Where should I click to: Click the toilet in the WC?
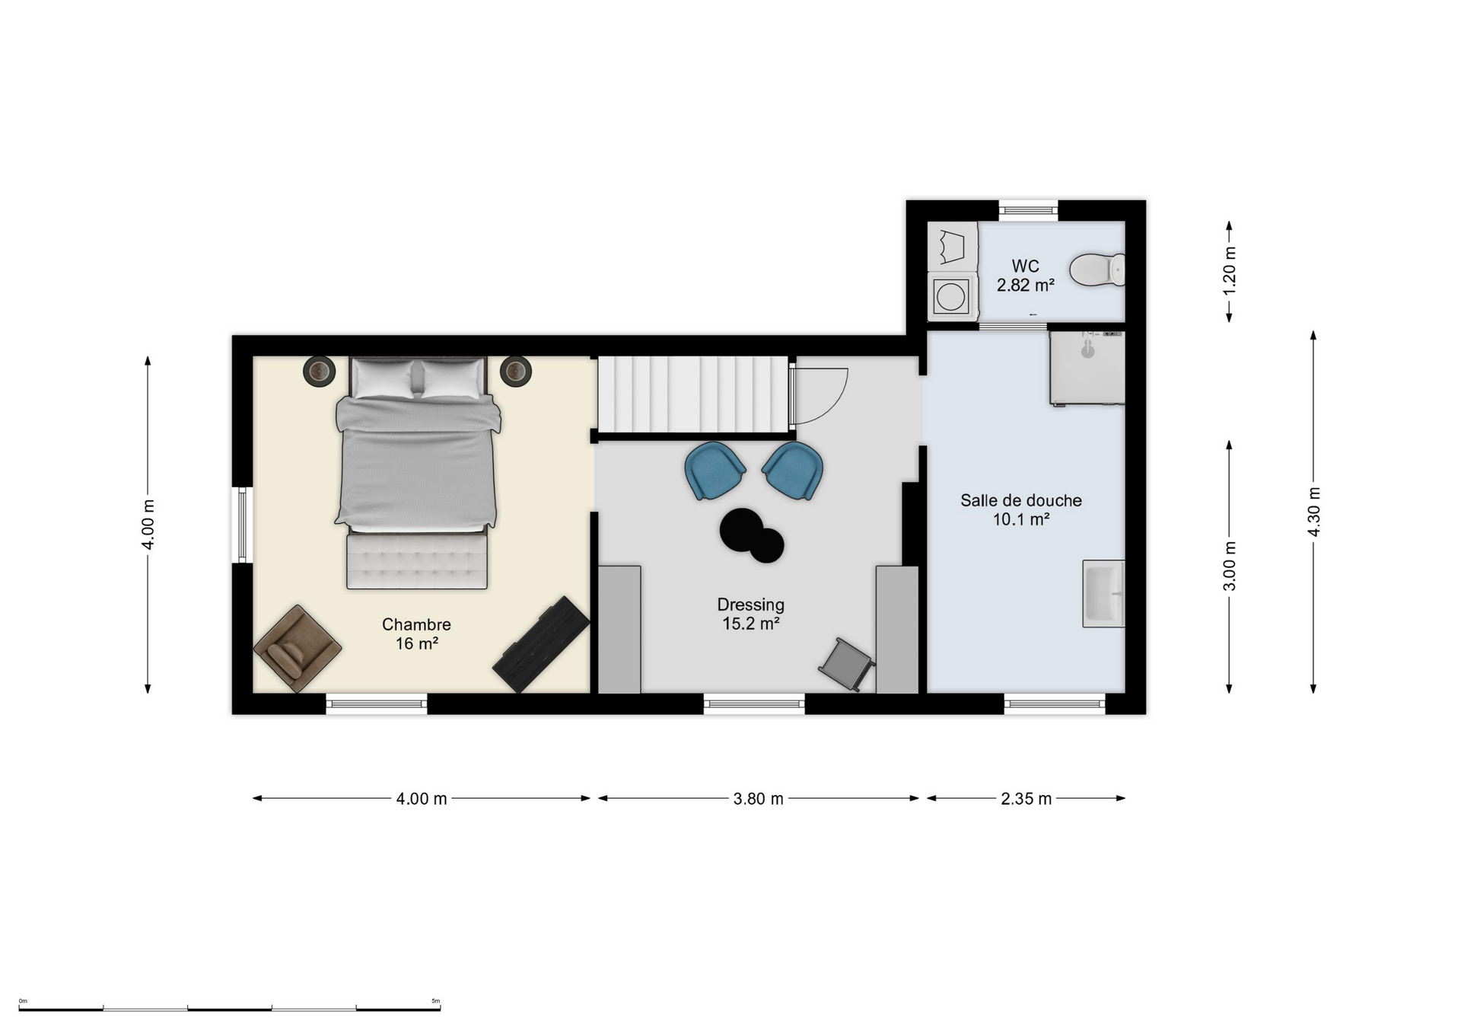tap(1097, 270)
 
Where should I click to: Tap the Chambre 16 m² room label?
tap(416, 633)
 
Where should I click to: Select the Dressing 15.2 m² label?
tap(750, 614)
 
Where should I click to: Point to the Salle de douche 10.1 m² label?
tap(1020, 509)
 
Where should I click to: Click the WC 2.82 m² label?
tap(1025, 276)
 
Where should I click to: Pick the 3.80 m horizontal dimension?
tap(758, 799)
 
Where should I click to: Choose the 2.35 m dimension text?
tap(1026, 799)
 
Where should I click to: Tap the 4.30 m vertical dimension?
tap(1313, 511)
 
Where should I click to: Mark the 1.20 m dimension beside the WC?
tap(1229, 271)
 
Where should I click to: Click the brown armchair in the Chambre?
tap(297, 648)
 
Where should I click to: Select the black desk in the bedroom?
tap(541, 644)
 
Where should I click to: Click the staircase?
tap(692, 394)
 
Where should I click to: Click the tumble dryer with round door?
tap(951, 296)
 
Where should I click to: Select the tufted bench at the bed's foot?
tap(417, 561)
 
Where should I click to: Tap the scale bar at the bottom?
tap(230, 1009)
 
